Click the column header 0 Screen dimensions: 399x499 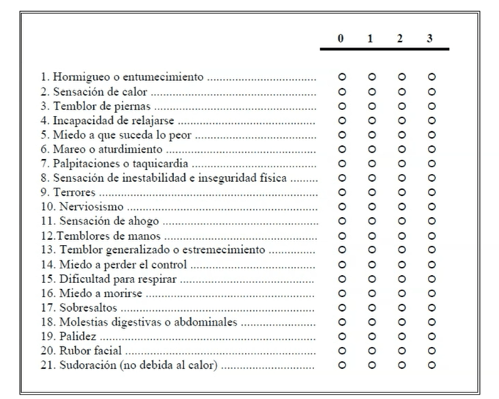pyautogui.click(x=340, y=39)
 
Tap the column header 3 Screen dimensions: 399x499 pyautogui.click(x=429, y=39)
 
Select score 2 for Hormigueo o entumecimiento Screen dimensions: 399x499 pyautogui.click(x=401, y=76)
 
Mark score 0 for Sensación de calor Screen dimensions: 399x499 pyautogui.click(x=341, y=91)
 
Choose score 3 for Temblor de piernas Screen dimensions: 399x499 pyautogui.click(x=431, y=106)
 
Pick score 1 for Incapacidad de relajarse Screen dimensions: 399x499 pyautogui.click(x=371, y=120)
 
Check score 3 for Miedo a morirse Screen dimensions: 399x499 pyautogui.click(x=431, y=293)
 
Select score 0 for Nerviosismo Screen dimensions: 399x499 pyautogui.click(x=341, y=207)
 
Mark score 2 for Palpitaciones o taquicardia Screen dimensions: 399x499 pyautogui.click(x=401, y=163)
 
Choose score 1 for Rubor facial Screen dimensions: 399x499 pyautogui.click(x=371, y=351)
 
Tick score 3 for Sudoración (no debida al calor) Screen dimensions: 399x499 pyautogui.click(x=431, y=365)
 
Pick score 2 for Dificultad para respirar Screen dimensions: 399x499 pyautogui.click(x=401, y=279)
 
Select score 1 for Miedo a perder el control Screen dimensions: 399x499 pyautogui.click(x=371, y=265)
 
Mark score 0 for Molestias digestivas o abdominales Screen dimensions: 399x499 pyautogui.click(x=341, y=322)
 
